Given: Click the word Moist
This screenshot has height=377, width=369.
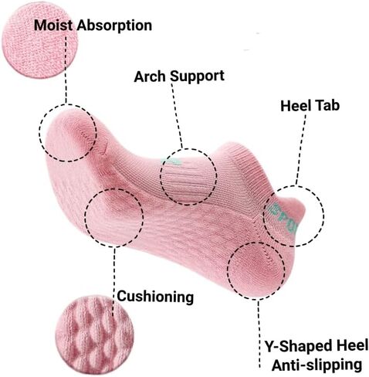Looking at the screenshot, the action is (53, 25).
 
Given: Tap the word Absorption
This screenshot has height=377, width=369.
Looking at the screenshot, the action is (115, 26).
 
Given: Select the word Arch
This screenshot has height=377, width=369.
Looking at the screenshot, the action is (150, 76).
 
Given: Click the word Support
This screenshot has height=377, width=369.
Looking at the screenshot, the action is (197, 76).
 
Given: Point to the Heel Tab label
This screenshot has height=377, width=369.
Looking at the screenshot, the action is (310, 106).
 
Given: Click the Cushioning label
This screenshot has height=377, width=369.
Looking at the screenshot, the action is (155, 297).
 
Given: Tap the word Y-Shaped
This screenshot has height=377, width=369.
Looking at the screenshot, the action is (296, 346).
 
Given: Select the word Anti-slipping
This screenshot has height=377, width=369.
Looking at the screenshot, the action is (317, 365).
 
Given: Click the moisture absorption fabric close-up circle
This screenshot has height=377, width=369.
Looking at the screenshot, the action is (40, 40).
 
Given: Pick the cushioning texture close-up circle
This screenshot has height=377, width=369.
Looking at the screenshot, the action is (94, 335).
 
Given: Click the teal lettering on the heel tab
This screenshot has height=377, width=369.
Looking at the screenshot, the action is (284, 219).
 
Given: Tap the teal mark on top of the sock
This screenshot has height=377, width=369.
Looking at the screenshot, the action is (171, 161).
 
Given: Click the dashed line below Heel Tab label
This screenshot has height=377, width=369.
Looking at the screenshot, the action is (301, 149).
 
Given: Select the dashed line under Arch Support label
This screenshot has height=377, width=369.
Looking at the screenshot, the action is (177, 116).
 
